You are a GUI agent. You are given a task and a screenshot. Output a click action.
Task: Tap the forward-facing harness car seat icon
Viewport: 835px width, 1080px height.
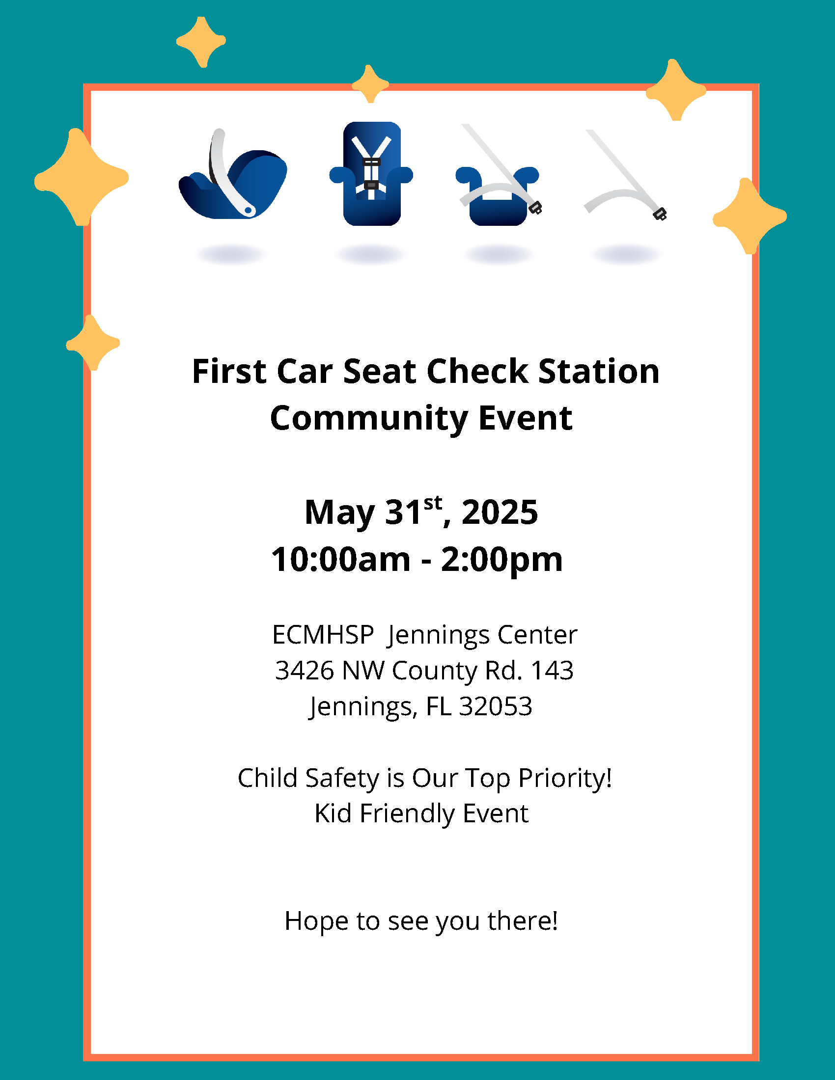pos(371,174)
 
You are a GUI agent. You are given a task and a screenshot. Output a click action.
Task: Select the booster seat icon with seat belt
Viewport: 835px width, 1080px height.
pos(499,176)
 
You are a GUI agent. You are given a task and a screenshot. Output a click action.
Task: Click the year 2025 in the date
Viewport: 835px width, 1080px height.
pos(500,513)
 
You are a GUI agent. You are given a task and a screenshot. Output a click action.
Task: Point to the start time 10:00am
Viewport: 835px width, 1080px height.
pos(341,560)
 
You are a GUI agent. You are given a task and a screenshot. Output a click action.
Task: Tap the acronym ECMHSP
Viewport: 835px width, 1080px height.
pos(323,635)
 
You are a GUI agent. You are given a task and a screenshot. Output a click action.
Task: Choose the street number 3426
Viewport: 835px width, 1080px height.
pos(304,671)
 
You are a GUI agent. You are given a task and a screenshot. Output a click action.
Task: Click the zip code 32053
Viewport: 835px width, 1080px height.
pos(496,706)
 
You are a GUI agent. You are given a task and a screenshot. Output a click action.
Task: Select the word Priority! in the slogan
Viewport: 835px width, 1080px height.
pos(565,779)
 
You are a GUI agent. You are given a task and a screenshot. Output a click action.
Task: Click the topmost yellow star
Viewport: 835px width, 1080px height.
pos(201,42)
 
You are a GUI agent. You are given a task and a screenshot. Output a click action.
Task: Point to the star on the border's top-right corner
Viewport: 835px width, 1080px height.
pos(676,90)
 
